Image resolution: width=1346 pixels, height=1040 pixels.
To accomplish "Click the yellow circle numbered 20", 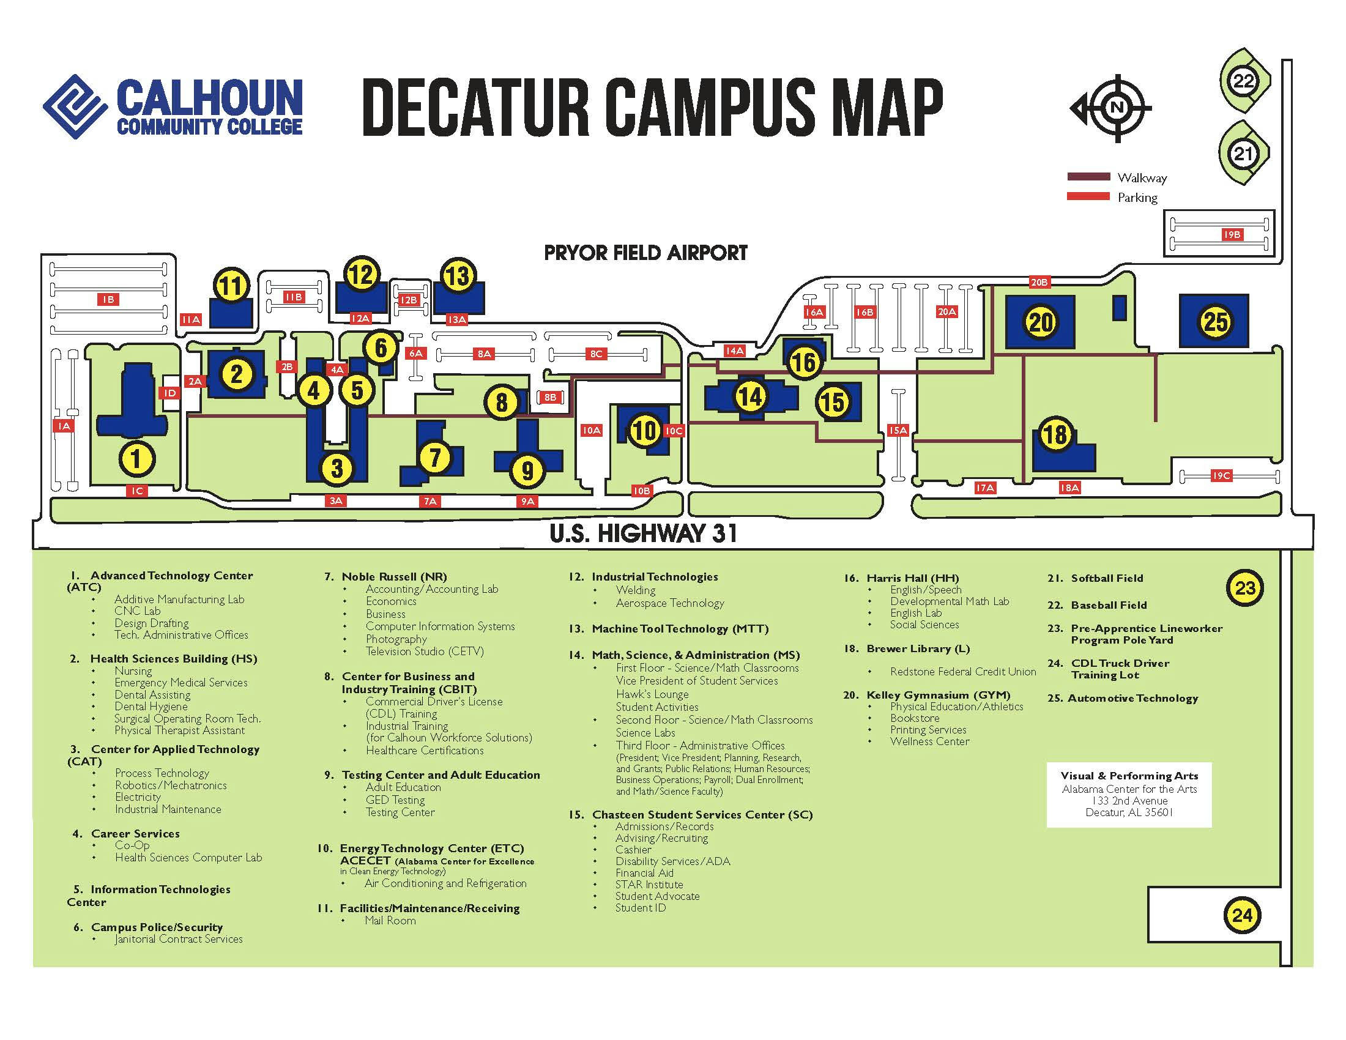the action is [x=1041, y=322].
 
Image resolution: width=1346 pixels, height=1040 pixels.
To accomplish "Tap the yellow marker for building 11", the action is [x=231, y=286].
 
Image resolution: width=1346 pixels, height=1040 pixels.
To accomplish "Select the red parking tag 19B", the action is [x=1232, y=235].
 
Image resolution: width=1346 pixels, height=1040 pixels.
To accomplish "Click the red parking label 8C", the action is [x=596, y=354].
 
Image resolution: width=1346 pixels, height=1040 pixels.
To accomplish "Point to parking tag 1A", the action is [x=64, y=426].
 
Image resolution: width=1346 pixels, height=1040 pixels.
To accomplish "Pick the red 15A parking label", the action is [x=898, y=430].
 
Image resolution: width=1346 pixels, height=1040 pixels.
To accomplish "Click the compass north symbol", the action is [x=1116, y=108].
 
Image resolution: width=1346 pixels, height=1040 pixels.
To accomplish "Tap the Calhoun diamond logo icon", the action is [x=73, y=106].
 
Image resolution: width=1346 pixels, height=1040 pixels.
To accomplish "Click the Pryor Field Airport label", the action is [x=645, y=253].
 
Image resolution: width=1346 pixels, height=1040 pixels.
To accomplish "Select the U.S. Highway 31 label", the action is [x=643, y=533].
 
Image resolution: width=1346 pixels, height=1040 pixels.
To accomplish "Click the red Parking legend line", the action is [x=1088, y=196].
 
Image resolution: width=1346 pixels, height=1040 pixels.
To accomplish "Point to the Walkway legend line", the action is [x=1088, y=177].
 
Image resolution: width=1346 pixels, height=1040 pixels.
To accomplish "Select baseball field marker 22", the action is [x=1243, y=81].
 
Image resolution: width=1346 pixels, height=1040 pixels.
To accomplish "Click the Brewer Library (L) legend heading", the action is [x=918, y=648].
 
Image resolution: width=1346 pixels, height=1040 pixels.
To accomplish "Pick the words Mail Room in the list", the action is [x=390, y=921].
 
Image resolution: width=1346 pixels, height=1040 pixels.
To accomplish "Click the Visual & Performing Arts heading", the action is [x=1129, y=776].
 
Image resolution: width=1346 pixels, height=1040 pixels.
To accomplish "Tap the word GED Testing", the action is [x=395, y=800].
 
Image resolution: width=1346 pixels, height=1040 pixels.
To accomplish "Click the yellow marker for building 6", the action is [x=381, y=347].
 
